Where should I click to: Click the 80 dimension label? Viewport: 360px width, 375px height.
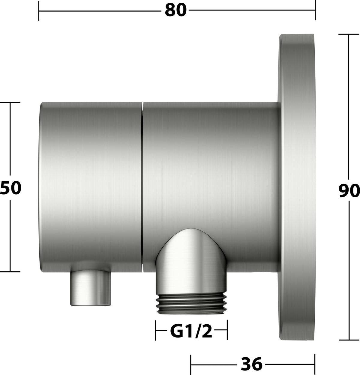[176, 10]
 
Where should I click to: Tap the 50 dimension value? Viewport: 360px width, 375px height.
[10, 188]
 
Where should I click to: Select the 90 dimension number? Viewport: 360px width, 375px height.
[349, 190]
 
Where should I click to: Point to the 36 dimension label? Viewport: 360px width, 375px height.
[252, 364]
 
